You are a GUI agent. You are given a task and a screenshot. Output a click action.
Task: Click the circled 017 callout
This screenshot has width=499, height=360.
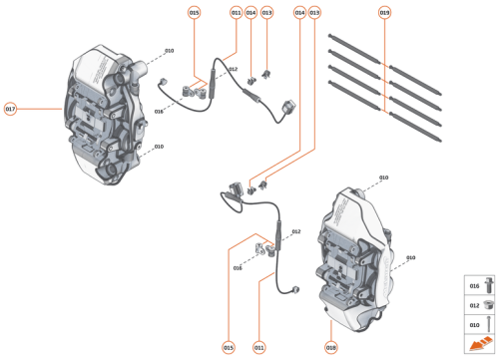[x=11, y=108]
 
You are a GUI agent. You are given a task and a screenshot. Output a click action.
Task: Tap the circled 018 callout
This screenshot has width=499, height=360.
[x=331, y=347]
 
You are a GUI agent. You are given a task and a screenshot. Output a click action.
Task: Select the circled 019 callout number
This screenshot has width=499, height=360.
[x=384, y=12]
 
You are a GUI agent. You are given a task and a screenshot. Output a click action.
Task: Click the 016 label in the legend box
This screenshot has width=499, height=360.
[x=474, y=284]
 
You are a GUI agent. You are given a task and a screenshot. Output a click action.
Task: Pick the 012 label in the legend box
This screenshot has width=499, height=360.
[x=474, y=304]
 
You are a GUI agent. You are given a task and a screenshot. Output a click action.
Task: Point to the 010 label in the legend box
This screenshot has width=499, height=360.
[x=474, y=324]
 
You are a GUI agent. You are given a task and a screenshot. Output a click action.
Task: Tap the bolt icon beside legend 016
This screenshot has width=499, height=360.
[x=488, y=284]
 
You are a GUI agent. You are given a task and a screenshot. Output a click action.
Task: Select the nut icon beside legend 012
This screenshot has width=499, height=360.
[x=488, y=304]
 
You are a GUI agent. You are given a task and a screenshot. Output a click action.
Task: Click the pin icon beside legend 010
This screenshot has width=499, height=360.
[x=488, y=324]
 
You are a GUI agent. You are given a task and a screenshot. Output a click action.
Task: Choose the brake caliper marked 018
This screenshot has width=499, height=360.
[x=354, y=254]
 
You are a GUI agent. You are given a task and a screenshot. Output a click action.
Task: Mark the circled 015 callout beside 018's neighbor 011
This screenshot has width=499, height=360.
[x=230, y=347]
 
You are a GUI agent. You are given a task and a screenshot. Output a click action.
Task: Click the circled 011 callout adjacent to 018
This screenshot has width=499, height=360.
[x=259, y=347]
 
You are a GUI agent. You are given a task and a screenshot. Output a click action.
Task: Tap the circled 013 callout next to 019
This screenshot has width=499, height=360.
[x=314, y=12]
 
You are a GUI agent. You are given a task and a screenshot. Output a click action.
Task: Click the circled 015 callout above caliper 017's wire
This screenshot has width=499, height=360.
[x=194, y=12]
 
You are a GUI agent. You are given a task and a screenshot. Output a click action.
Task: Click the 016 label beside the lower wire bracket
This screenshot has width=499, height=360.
[x=238, y=267]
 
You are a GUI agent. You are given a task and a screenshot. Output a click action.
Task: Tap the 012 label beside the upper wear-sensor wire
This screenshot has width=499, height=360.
[x=233, y=70]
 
